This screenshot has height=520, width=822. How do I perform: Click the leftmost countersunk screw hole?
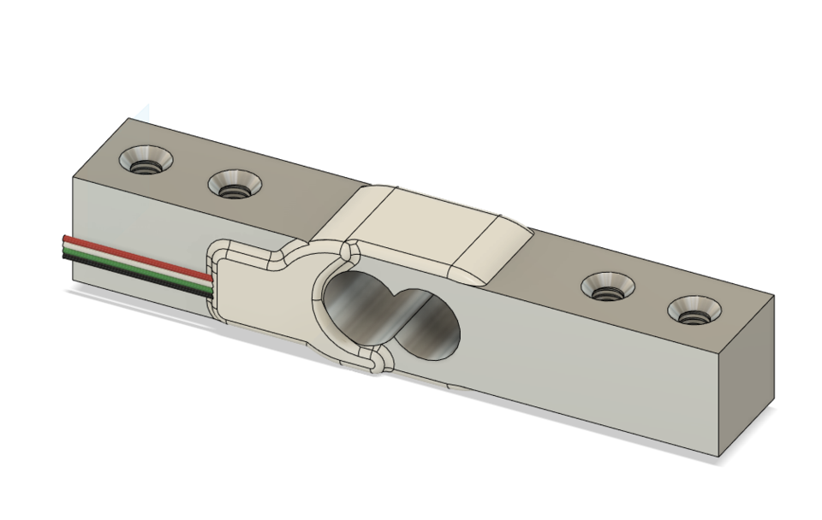146,160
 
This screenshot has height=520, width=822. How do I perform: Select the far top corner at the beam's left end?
130,119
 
